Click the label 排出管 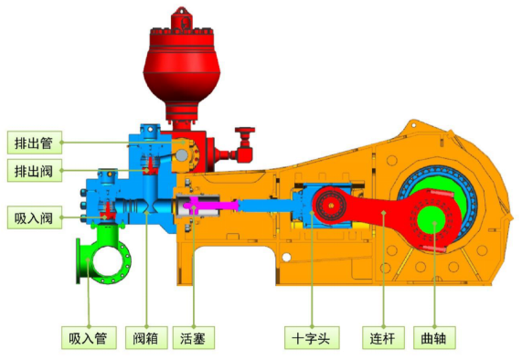35,143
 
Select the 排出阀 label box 35,171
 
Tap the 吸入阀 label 35,217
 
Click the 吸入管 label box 89,338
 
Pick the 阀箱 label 146,338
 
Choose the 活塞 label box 194,338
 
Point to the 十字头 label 312,338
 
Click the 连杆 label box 384,338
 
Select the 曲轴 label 434,338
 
